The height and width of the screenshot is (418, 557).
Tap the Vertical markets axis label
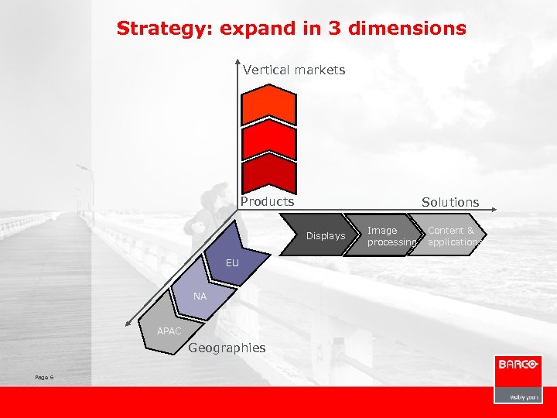point(294,70)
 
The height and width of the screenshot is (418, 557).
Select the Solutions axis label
point(450,202)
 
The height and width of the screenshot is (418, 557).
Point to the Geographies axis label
point(227,348)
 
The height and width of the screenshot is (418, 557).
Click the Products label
point(267,201)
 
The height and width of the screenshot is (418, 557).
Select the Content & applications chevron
point(453,235)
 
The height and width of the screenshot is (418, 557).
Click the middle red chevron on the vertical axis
point(268,139)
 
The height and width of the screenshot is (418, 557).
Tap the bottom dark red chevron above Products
point(268,174)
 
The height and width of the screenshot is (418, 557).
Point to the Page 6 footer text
point(44,377)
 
